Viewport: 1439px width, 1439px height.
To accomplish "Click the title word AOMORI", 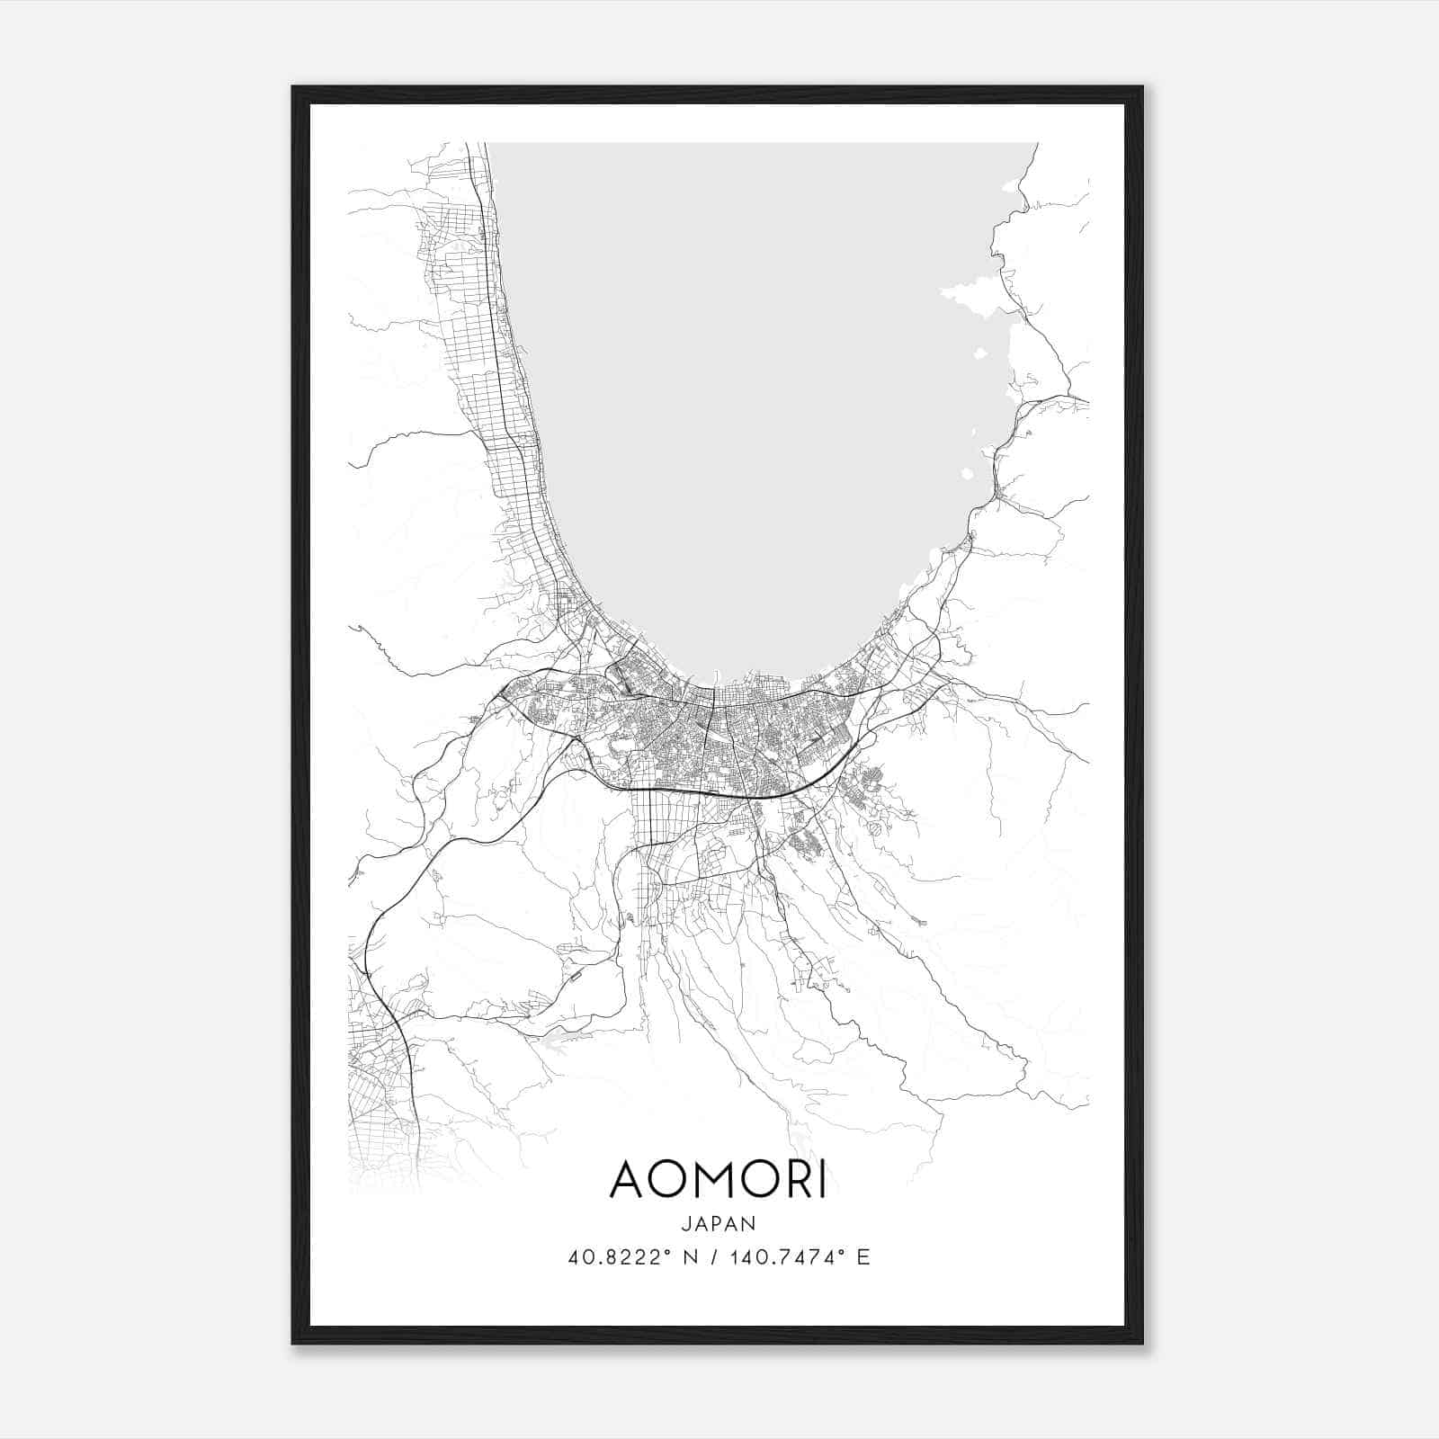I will click(718, 1180).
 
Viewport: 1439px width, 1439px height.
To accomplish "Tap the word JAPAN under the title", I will click(718, 1224).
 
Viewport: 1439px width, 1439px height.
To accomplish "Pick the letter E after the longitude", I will click(863, 1257).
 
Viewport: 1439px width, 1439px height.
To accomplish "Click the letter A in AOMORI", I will click(629, 1180).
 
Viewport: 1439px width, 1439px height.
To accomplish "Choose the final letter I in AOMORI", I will click(822, 1180).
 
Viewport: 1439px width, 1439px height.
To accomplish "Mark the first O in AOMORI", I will click(672, 1180).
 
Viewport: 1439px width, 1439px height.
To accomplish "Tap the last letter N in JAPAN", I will click(750, 1224).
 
